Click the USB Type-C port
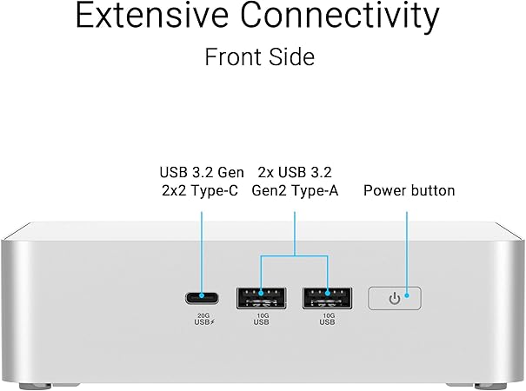pos(202,298)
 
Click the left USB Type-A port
pos(262,298)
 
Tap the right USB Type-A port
pos(328,298)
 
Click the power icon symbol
pos(395,298)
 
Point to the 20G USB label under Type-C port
pos(204,319)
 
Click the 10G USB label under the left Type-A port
pos(262,319)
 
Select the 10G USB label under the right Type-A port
pos(328,319)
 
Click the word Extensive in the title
pos(152,16)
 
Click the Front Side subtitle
pos(260,56)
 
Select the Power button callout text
pos(409,190)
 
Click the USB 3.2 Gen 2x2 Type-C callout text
pos(202,182)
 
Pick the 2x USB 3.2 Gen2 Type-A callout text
pos(295,182)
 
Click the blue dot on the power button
pos(407,295)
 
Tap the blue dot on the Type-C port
pos(202,295)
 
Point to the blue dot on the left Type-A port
pos(262,294)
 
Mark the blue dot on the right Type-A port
pos(328,294)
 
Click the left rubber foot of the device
pos(36,387)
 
